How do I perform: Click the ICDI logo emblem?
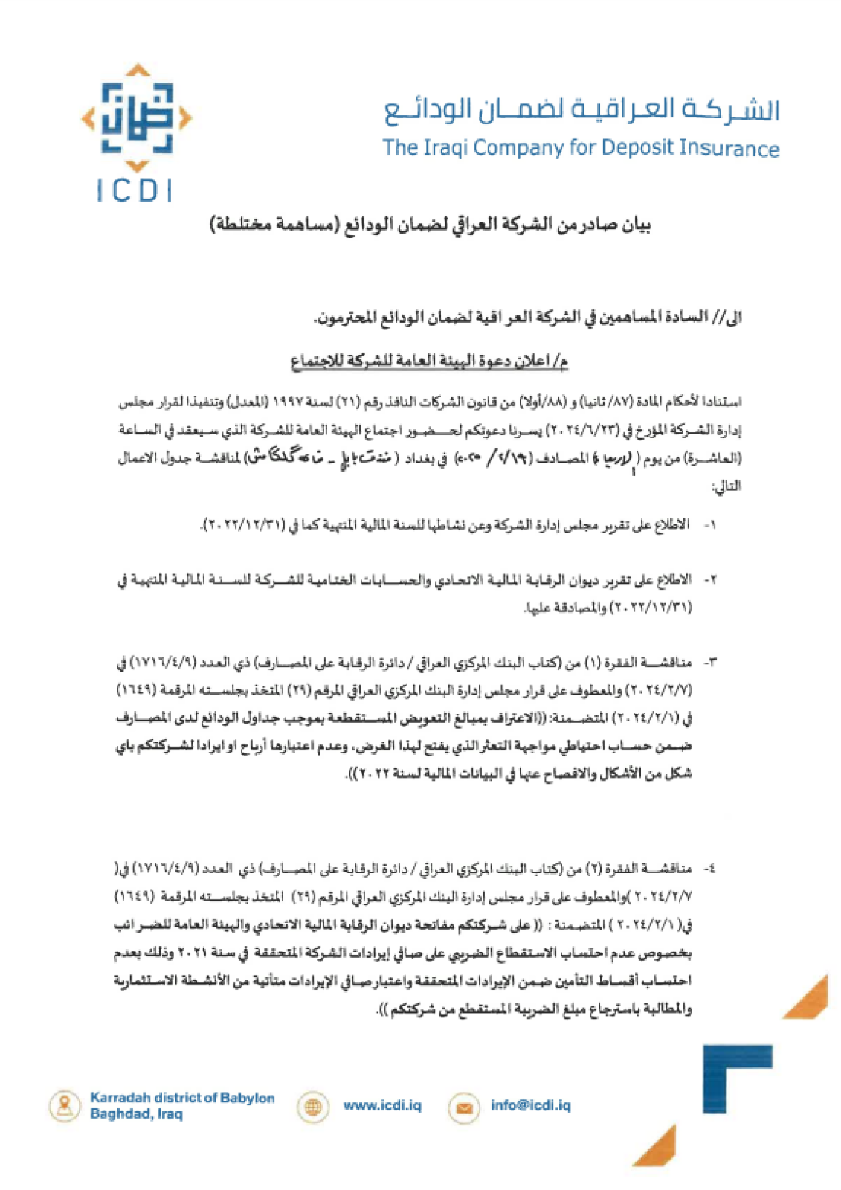tap(137, 118)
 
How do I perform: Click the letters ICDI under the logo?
tap(135, 190)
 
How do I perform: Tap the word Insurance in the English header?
tap(729, 148)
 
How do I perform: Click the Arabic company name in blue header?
tap(581, 110)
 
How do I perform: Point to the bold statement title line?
tap(430, 225)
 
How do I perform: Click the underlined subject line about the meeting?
tap(429, 361)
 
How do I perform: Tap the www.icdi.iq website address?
tap(382, 1105)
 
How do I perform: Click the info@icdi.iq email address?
tap(530, 1105)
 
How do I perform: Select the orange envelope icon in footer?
tap(463, 1107)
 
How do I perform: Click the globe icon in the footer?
tap(313, 1107)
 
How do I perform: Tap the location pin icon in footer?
tap(65, 1105)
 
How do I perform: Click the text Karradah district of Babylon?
tap(182, 1098)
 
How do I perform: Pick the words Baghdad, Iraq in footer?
tap(136, 1114)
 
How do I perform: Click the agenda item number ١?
tap(712, 525)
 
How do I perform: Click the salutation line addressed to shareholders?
tap(528, 318)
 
